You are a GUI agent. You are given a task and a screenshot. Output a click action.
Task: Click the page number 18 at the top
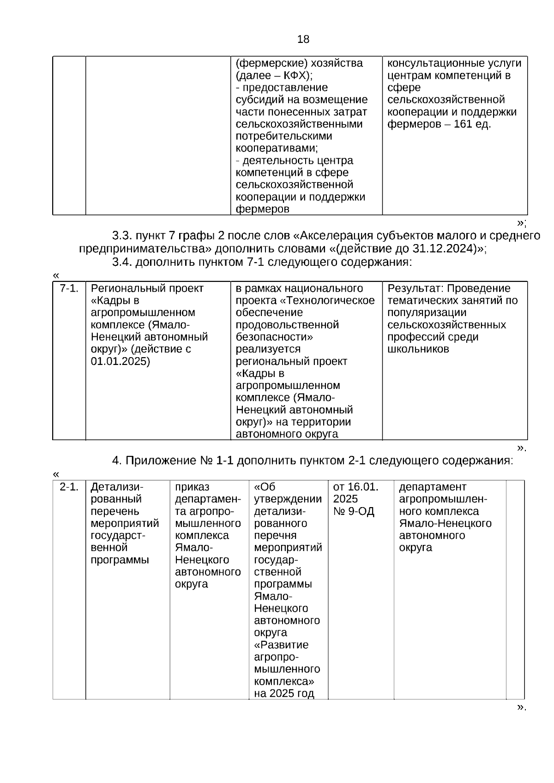(303, 40)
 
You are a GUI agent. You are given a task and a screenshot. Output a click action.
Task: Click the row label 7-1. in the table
(69, 288)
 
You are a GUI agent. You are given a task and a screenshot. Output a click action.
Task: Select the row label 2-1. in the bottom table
(69, 487)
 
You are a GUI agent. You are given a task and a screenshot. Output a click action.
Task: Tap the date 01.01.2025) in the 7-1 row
(120, 361)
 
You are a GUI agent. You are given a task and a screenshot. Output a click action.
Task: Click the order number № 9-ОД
(354, 511)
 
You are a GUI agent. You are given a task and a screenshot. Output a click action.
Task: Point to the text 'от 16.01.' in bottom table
(355, 487)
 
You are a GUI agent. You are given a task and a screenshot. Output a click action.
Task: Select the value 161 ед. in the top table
(472, 124)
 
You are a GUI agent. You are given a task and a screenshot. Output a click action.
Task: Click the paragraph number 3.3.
(122, 236)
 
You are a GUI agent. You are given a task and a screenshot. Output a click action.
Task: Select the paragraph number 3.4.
(122, 262)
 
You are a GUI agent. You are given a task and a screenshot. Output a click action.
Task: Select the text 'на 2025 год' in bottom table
(284, 693)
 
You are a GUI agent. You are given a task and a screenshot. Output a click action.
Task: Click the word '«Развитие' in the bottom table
(281, 645)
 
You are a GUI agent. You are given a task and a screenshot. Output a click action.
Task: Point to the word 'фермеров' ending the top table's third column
(262, 209)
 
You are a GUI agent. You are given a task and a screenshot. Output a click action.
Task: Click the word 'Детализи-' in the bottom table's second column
(117, 487)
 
